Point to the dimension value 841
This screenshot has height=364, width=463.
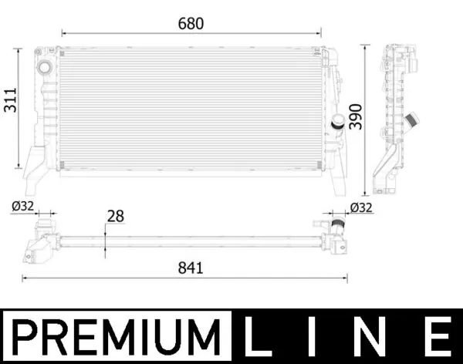[190, 268]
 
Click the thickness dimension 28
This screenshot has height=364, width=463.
[116, 217]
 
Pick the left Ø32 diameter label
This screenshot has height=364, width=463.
[22, 206]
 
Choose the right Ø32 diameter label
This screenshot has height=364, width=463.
[361, 207]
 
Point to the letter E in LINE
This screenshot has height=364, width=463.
[435, 337]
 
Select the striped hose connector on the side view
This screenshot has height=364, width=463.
[411, 120]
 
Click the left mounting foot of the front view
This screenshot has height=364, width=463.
[33, 167]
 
